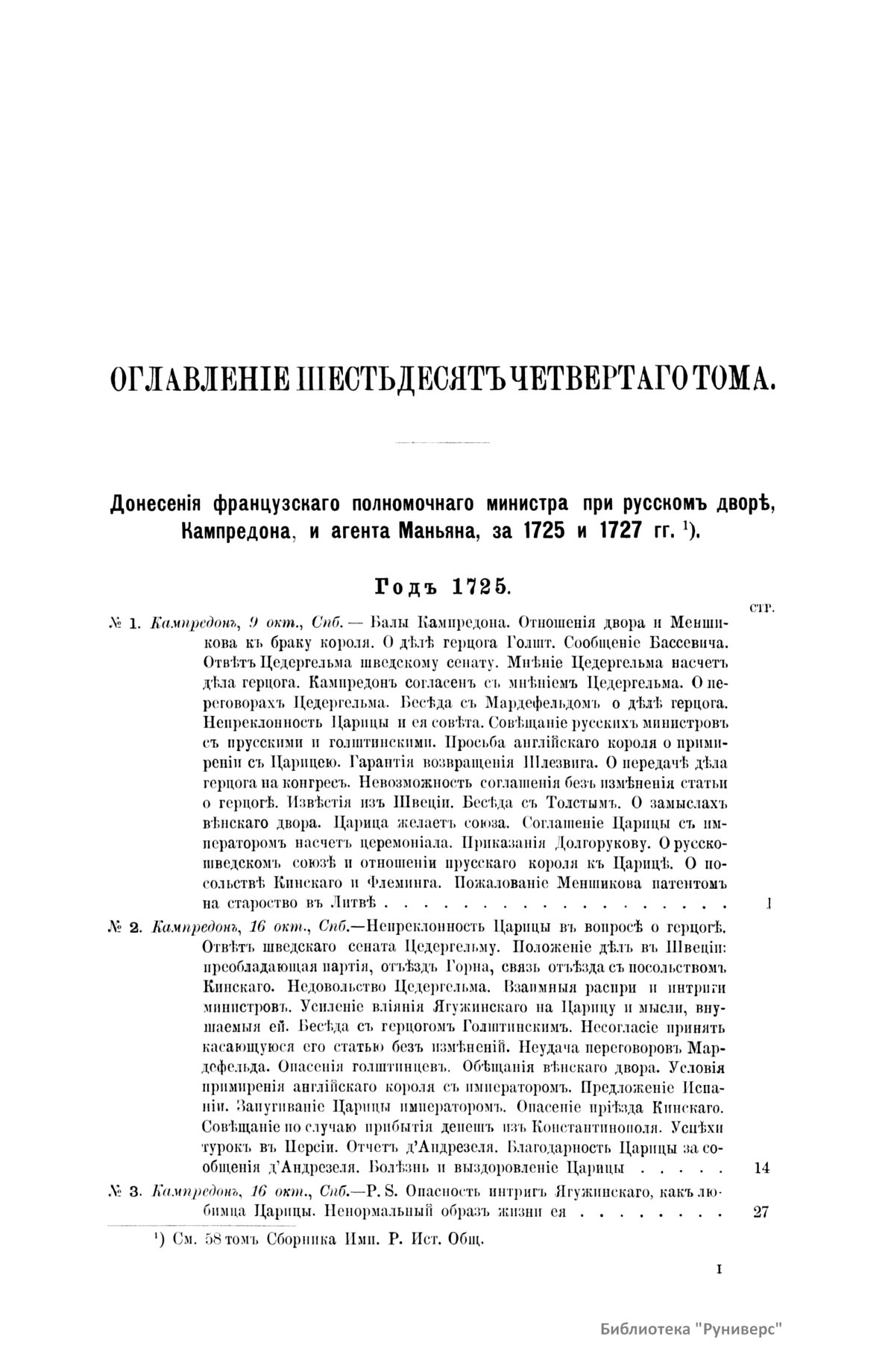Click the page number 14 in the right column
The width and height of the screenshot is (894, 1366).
pyautogui.click(x=761, y=1168)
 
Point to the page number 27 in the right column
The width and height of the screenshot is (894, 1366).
pyautogui.click(x=761, y=1212)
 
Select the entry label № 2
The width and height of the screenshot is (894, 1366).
pyautogui.click(x=125, y=928)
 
